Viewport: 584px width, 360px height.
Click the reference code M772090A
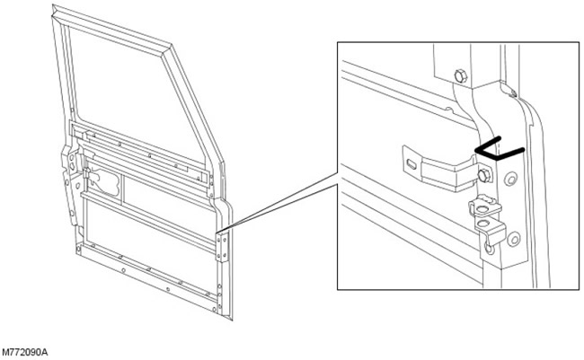pos(25,352)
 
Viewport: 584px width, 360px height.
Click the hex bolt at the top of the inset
pos(461,76)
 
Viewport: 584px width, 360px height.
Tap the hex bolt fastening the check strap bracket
pos(483,175)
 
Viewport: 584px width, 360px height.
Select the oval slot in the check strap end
pos(411,163)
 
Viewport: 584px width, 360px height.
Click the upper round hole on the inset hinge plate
pos(510,179)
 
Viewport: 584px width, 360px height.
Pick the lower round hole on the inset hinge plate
pos(514,239)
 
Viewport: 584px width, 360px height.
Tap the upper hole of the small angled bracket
pos(482,209)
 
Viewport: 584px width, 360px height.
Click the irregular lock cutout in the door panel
pos(105,181)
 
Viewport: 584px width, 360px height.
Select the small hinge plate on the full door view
pos(223,247)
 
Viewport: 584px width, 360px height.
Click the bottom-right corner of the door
pos(232,320)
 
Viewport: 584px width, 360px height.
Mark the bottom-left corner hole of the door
pos(78,249)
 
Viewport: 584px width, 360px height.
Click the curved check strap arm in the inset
pos(446,171)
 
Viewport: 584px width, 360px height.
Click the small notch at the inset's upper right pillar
pos(512,92)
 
